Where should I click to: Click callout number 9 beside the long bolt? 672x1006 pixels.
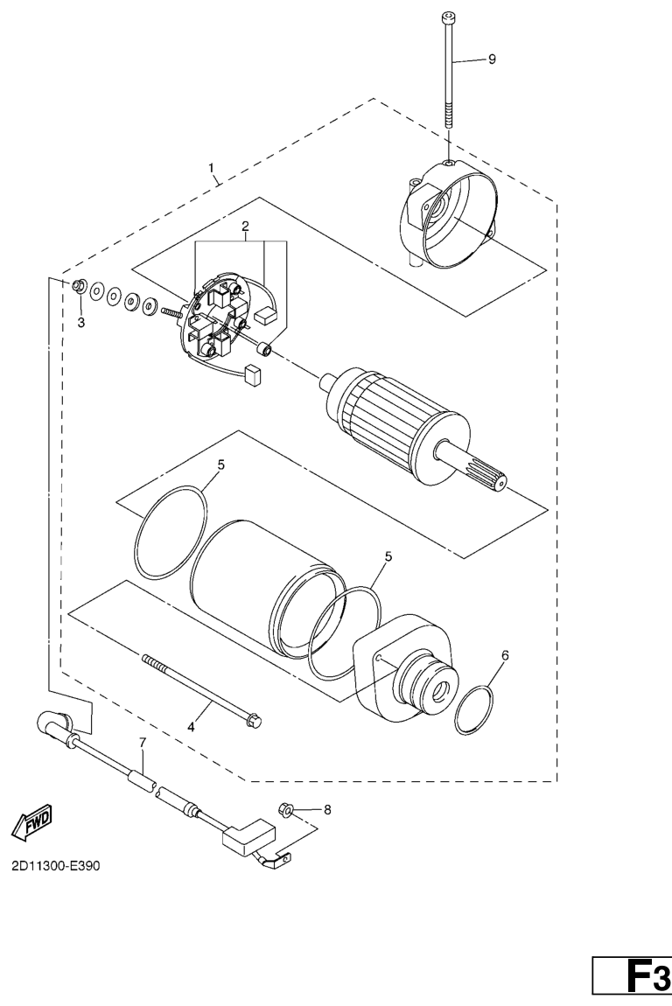[493, 59]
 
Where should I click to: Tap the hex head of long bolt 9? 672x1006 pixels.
[447, 17]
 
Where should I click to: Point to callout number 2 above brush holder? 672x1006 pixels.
[244, 227]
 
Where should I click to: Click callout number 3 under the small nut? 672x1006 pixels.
[80, 323]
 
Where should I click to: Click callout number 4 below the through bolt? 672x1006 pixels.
[191, 727]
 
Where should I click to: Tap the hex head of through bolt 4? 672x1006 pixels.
[255, 721]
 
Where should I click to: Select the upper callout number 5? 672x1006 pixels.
[220, 465]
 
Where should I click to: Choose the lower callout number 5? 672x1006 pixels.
[388, 556]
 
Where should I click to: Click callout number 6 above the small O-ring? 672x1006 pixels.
[505, 655]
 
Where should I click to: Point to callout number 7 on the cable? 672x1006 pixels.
[143, 743]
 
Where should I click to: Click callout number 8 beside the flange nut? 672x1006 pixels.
[327, 810]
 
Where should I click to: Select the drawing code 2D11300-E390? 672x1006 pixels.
[56, 866]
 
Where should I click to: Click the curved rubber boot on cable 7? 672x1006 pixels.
[58, 724]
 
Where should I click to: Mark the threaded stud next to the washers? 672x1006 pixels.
[173, 311]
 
